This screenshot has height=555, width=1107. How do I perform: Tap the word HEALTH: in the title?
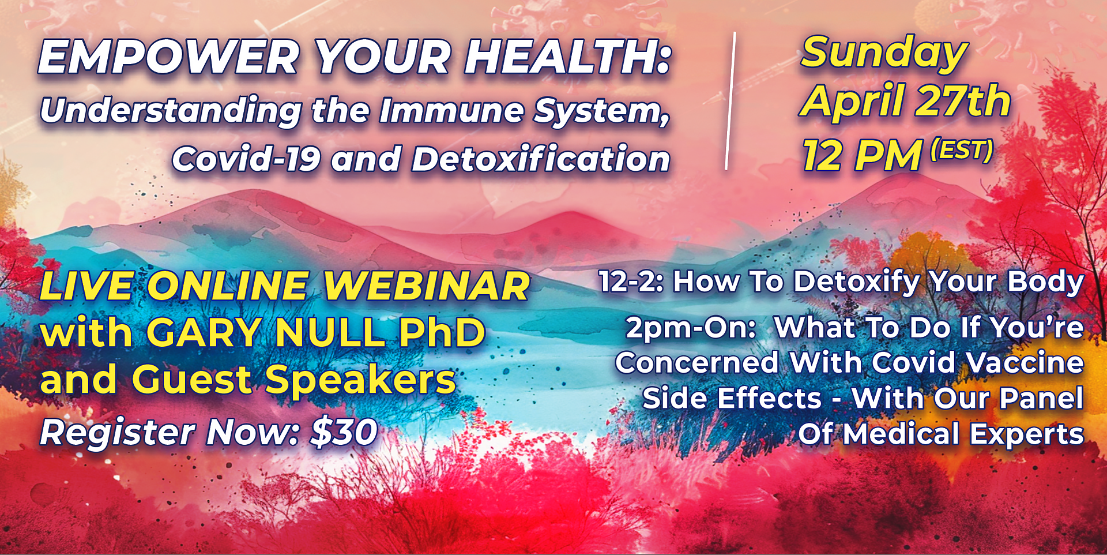pos(568,58)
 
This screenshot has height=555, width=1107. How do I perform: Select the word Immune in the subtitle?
pos(451,110)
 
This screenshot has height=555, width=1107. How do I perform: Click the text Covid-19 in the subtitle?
pos(246,159)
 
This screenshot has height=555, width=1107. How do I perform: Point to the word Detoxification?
pos(540,159)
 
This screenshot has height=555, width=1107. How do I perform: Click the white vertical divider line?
pos(730,101)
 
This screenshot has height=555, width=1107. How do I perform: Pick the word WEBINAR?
pos(426,286)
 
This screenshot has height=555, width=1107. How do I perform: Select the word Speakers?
pos(360,380)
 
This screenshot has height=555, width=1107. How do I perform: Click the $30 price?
pos(344,432)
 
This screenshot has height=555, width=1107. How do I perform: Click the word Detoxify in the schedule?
pos(856,282)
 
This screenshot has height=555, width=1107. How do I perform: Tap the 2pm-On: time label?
pos(691,328)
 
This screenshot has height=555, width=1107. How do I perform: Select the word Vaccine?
pos(1025,363)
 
